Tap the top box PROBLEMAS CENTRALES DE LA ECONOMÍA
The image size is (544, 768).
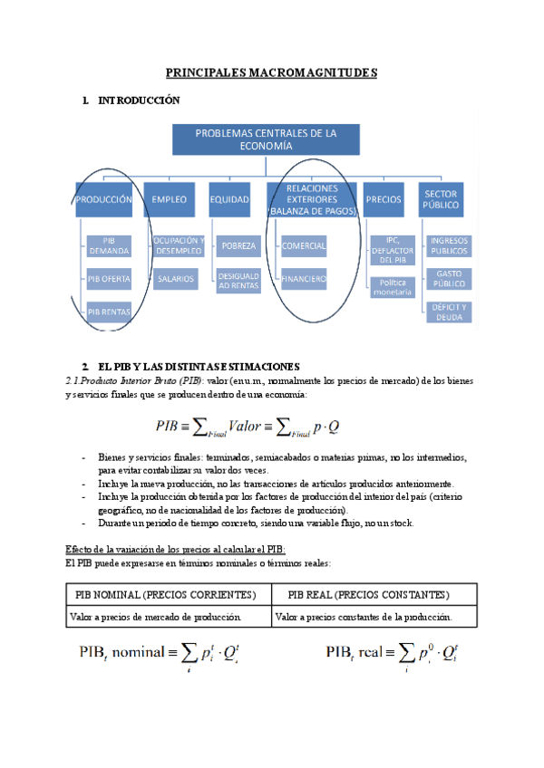tap(267, 139)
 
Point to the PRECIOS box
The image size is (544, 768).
tap(384, 199)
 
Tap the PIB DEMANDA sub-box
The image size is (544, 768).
tap(110, 245)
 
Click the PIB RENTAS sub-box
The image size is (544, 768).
tap(110, 312)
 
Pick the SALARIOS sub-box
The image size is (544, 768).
tap(174, 279)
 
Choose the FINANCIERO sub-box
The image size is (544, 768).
tap(304, 279)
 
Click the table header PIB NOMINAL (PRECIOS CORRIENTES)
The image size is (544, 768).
tap(167, 594)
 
